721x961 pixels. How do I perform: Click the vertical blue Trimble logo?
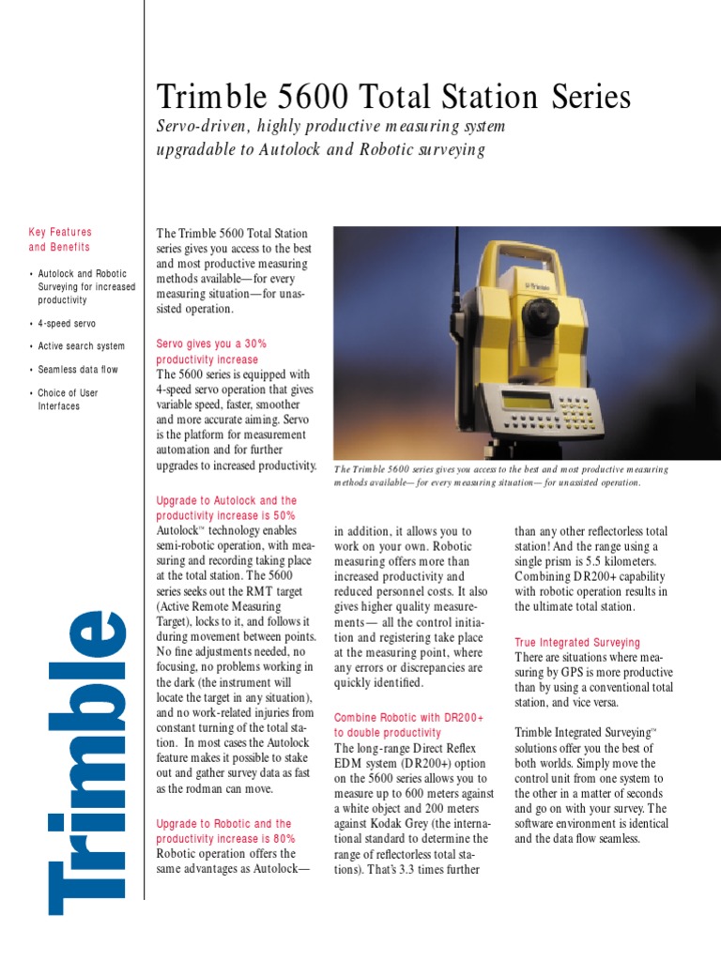tap(88, 761)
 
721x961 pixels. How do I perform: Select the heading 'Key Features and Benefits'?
tap(60, 239)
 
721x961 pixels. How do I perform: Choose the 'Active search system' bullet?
tap(81, 346)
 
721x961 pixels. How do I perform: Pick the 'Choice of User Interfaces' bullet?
tap(68, 400)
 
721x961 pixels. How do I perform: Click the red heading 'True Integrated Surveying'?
tap(577, 643)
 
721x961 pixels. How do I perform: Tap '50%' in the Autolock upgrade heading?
tap(280, 516)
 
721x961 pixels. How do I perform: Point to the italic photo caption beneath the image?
tap(501, 475)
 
